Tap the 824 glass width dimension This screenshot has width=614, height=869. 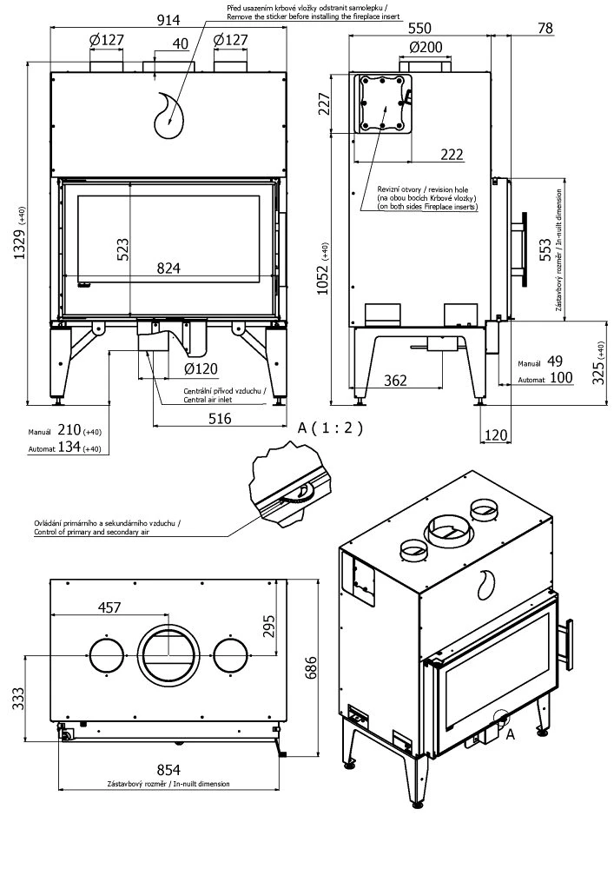(169, 269)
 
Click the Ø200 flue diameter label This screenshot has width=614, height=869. (422, 45)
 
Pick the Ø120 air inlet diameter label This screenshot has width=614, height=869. (200, 368)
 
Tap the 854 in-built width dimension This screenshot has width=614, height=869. (169, 768)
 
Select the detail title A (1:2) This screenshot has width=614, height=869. (329, 428)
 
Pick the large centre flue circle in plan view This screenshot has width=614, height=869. (168, 653)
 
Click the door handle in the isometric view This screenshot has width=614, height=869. (569, 646)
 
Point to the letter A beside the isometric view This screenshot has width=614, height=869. (510, 734)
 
